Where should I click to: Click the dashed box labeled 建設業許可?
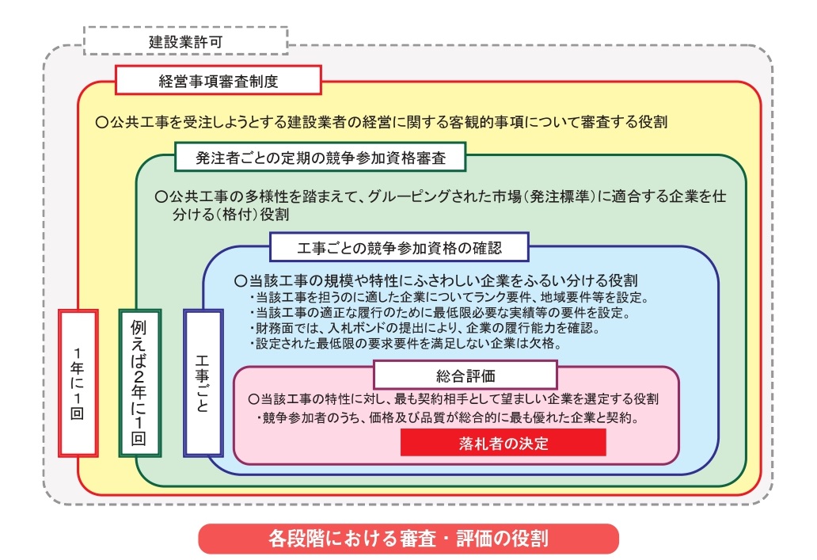185,40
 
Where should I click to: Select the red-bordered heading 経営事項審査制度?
218,80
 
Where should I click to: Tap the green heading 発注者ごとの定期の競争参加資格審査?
320,158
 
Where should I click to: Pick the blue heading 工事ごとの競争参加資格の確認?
399,247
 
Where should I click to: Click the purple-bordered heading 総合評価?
465,374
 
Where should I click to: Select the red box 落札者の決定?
503,443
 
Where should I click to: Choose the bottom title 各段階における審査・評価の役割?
408,539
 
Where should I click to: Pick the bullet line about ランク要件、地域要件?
448,298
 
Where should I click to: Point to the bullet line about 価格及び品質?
448,417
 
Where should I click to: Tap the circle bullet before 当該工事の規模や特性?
241,281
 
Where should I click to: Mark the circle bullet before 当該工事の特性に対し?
253,399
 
